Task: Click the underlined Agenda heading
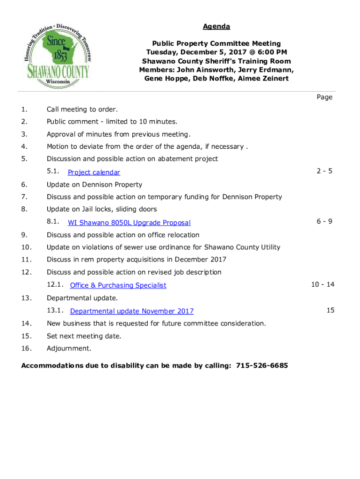tap(216, 26)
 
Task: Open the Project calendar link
tap(94, 173)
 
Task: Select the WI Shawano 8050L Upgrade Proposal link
tap(129, 223)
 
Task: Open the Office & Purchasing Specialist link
tap(118, 285)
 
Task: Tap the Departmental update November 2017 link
tap(131, 311)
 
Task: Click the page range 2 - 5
tap(324, 171)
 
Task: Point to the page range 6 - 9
tap(324, 221)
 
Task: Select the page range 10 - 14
tap(323, 284)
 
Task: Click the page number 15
tap(331, 310)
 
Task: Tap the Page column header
tap(324, 97)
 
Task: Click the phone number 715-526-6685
tap(262, 365)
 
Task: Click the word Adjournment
tap(69, 348)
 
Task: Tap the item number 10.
tap(26, 247)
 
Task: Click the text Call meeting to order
tap(82, 109)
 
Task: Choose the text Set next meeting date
tap(84, 336)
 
